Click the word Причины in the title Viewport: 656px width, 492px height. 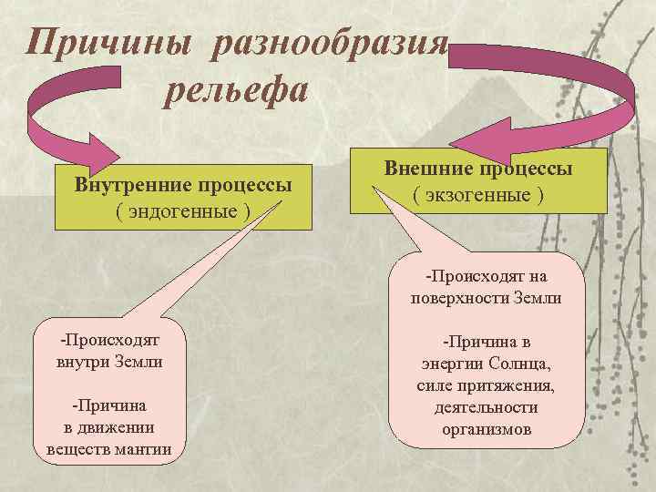[108, 43]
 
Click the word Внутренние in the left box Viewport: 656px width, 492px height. [131, 185]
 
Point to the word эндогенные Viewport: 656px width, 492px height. [184, 209]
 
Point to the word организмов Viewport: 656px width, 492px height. [486, 428]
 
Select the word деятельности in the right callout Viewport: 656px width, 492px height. [486, 407]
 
